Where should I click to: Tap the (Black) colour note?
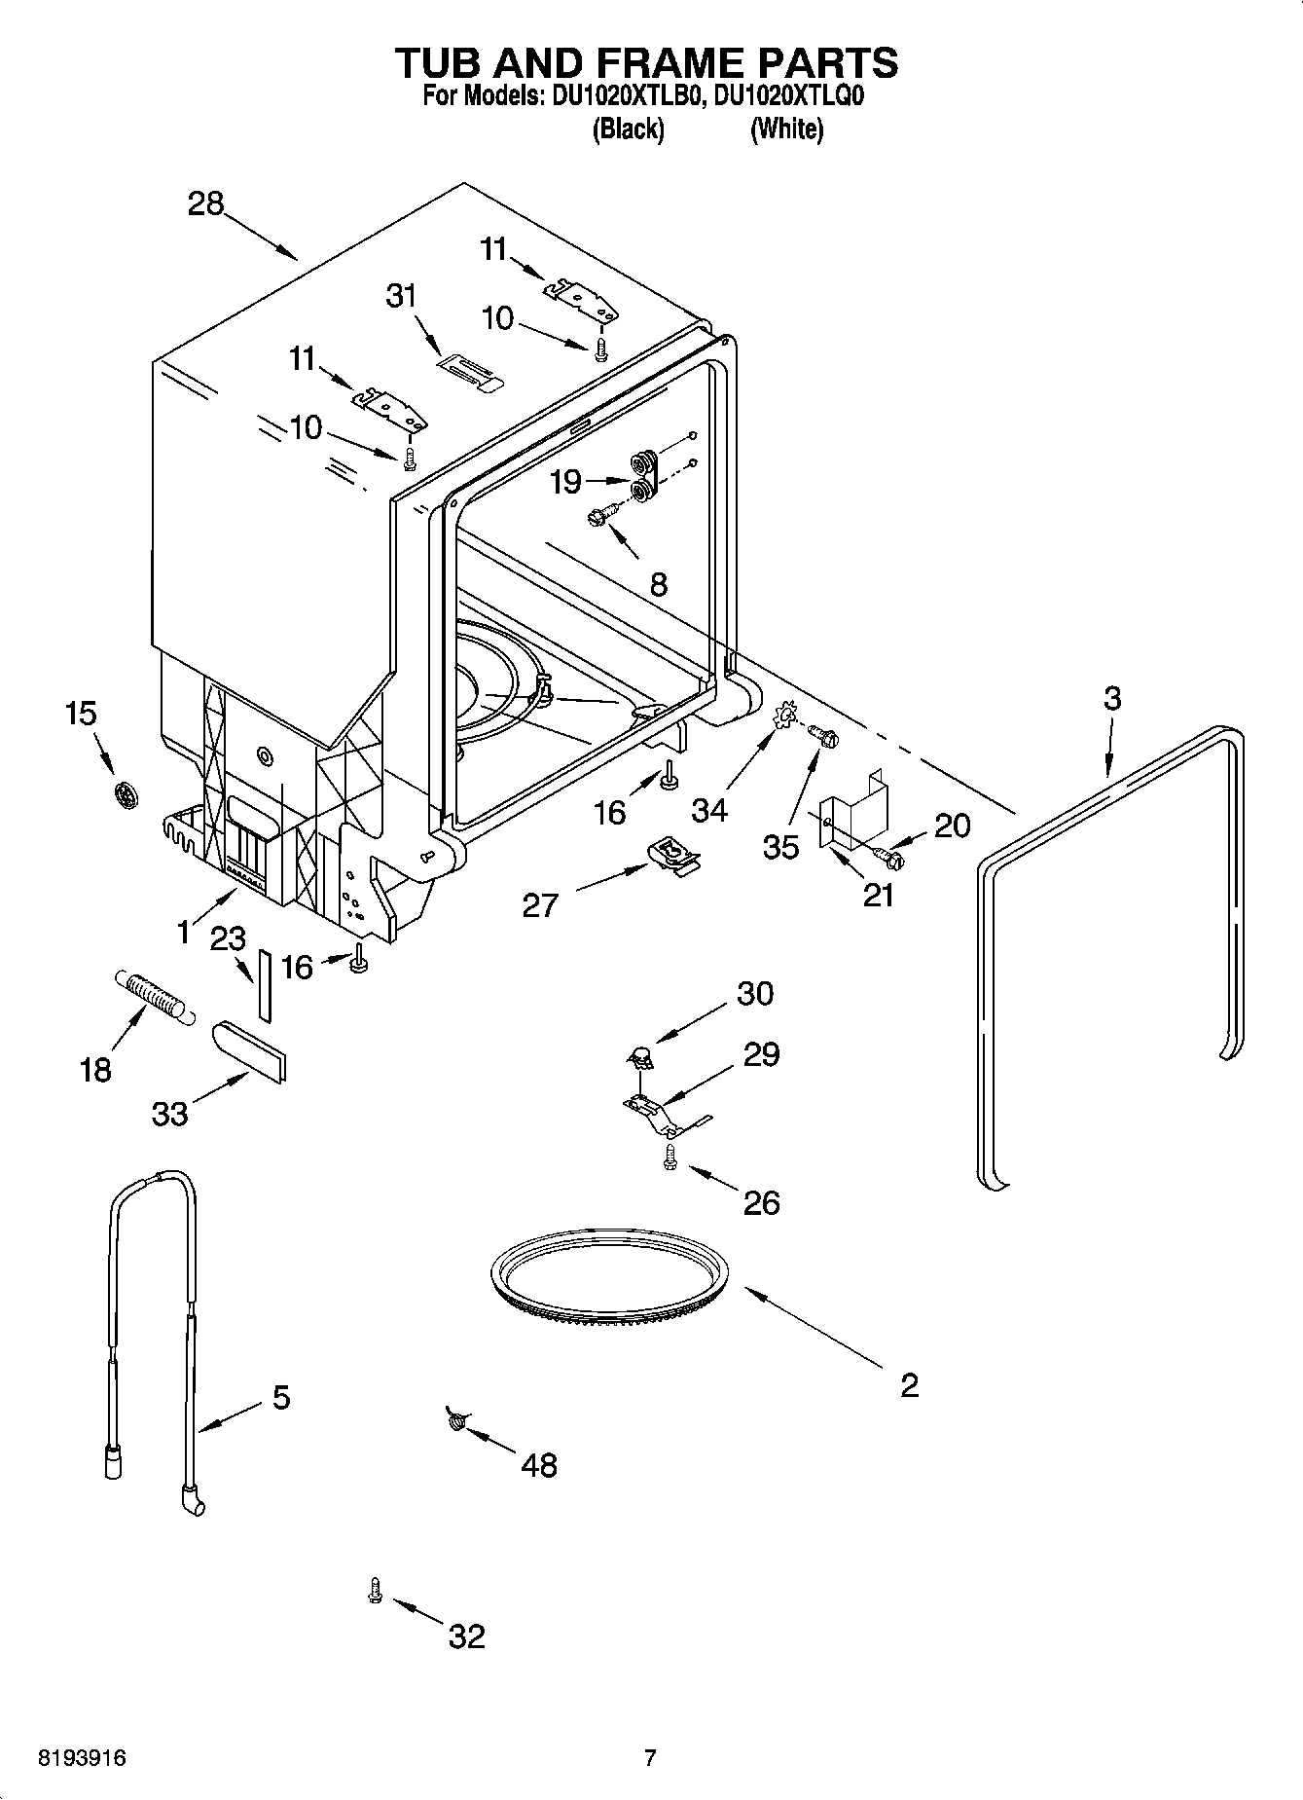tap(628, 129)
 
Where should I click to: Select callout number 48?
tap(539, 1464)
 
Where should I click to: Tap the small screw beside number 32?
tap(375, 1590)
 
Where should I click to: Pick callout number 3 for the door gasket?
tap(1112, 698)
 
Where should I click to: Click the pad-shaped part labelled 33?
tap(250, 1051)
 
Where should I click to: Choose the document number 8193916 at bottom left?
tap(81, 1758)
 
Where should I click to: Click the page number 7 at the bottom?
tap(650, 1758)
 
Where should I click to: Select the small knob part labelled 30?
tap(639, 1052)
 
